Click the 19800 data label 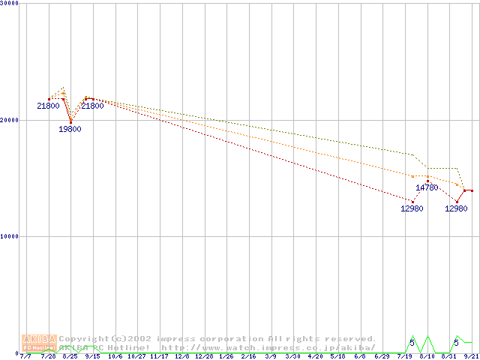pos(70,129)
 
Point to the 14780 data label pos(427,187)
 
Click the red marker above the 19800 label pos(70,121)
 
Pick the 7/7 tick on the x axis pos(26,356)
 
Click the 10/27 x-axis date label pos(136,356)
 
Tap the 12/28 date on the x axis pos(203,356)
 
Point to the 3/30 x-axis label pos(292,356)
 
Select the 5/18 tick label pos(337,356)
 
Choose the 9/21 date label pos(472,356)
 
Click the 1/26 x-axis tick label pos(226,356)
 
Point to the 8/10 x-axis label pos(427,356)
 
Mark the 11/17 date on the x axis pos(159,356)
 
